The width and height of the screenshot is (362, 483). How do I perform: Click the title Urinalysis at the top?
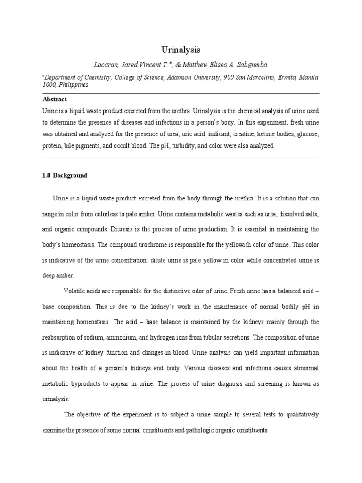(x=181, y=50)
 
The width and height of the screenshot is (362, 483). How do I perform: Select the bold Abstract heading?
(x=55, y=100)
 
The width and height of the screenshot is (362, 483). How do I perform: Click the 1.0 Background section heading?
(x=65, y=175)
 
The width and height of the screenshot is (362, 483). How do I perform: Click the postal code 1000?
(x=49, y=85)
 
